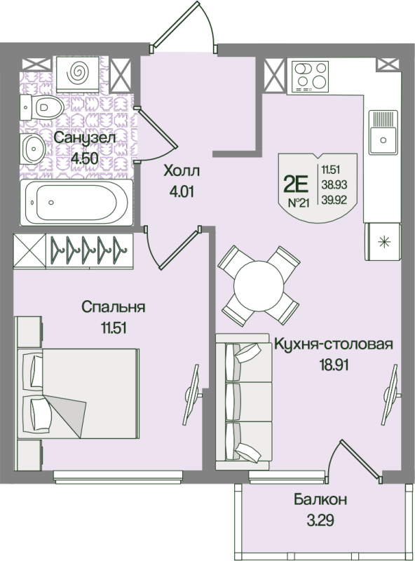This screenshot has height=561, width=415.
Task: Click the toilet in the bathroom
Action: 42,107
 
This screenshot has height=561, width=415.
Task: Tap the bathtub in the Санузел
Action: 76,203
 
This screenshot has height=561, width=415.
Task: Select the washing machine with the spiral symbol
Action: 78,74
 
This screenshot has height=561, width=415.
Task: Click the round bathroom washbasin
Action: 33,149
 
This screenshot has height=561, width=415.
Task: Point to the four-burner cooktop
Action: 310,76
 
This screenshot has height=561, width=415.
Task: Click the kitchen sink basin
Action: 383,132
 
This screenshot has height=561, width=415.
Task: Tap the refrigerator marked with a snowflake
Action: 383,241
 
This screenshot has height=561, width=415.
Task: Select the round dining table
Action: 258,286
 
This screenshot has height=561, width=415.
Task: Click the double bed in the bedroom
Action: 78,393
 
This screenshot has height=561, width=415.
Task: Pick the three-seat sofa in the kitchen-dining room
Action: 243,402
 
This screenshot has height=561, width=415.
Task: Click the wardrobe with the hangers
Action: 74,250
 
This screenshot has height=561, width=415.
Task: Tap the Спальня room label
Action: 114,307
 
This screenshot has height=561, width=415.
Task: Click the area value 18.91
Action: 334,365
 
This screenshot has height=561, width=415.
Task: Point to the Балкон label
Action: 320,499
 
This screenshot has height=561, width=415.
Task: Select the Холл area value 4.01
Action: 182,191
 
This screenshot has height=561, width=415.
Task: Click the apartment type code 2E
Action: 296,184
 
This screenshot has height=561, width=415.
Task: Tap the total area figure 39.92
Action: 334,201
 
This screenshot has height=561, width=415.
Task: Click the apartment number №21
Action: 299,203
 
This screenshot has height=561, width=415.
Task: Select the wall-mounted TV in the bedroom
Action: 193,394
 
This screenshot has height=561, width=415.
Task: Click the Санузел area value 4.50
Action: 84,158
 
